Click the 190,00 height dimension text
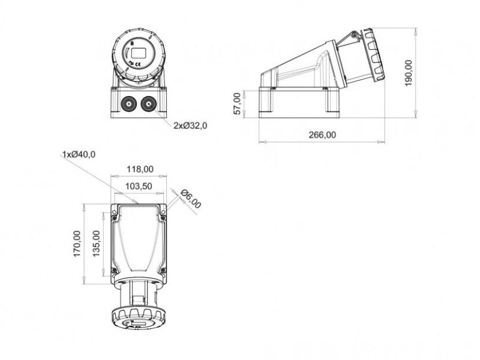(x=409, y=73)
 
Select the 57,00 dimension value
(x=237, y=103)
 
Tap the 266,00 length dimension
(x=322, y=135)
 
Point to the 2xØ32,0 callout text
(x=190, y=125)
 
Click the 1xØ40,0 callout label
(x=79, y=155)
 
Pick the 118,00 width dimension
(x=139, y=170)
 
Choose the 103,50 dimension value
(x=139, y=187)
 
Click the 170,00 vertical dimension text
(x=77, y=244)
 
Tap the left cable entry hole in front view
(x=128, y=105)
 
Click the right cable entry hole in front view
(x=148, y=105)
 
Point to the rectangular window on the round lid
(x=139, y=52)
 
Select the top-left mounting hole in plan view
(x=114, y=211)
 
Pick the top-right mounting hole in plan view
(x=163, y=211)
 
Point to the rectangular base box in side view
(x=298, y=101)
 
